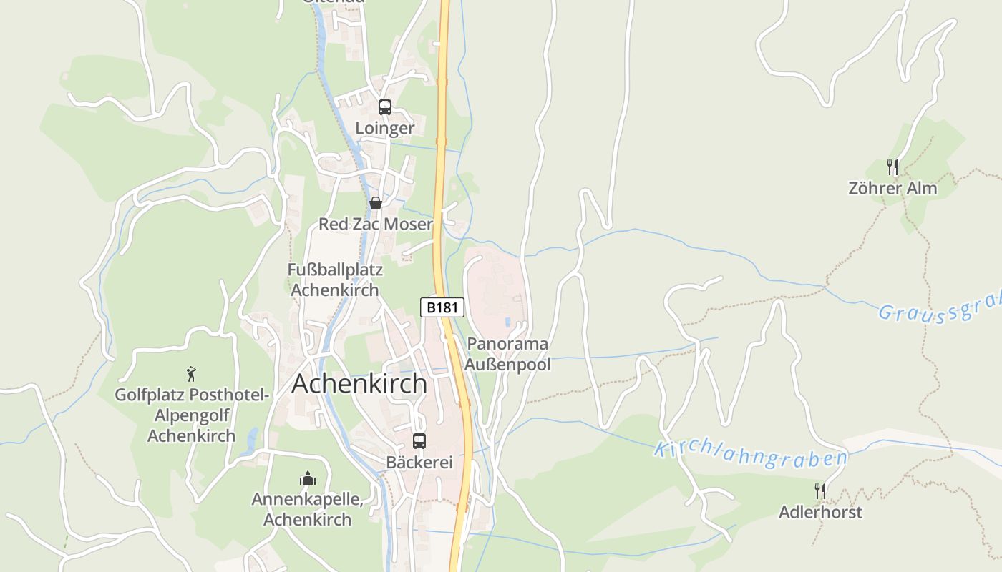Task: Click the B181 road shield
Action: [442, 307]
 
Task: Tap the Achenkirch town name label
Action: [359, 384]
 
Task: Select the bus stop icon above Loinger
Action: [385, 107]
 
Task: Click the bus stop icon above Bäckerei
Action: [419, 441]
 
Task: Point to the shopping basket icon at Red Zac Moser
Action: [376, 203]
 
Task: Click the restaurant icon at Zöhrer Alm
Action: [892, 167]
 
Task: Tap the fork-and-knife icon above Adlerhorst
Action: [820, 491]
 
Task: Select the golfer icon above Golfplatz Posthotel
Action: [191, 374]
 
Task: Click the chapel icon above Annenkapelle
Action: [308, 478]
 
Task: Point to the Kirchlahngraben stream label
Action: [750, 455]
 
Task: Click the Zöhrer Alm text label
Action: [892, 189]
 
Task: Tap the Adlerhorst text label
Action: [820, 513]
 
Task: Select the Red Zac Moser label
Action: [376, 225]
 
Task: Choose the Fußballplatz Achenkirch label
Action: [335, 280]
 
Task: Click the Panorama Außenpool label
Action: [507, 354]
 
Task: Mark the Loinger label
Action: [385, 129]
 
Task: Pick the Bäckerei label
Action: [419, 463]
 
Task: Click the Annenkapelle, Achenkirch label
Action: [308, 509]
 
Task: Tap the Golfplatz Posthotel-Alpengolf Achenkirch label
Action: [191, 415]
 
